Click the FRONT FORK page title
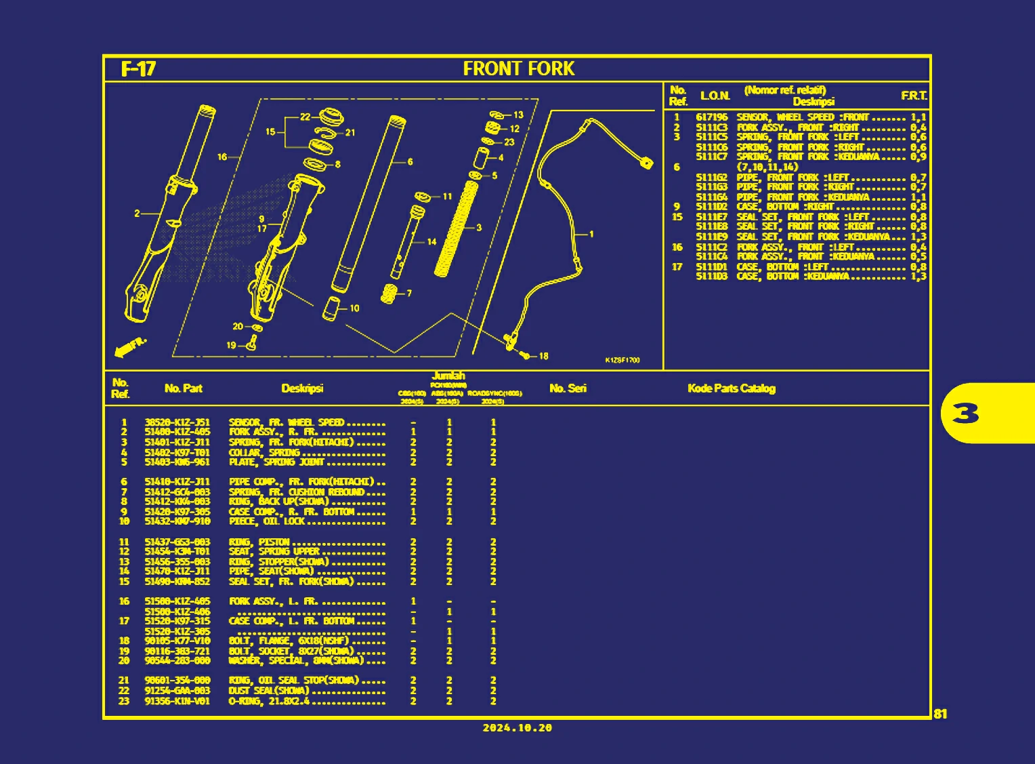[518, 68]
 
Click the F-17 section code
[138, 69]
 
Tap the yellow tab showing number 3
[966, 413]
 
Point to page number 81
[940, 714]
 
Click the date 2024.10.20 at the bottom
[517, 728]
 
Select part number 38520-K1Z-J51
[177, 422]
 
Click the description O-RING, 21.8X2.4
[269, 701]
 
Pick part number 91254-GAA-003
[177, 691]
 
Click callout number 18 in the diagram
[543, 356]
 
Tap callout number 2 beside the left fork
[137, 213]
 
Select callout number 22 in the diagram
[305, 117]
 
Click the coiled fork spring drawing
[457, 228]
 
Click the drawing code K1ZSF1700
[622, 360]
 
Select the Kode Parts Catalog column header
[731, 388]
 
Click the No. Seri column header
[568, 388]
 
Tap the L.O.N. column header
[715, 96]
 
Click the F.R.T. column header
[914, 96]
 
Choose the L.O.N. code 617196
[711, 117]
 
